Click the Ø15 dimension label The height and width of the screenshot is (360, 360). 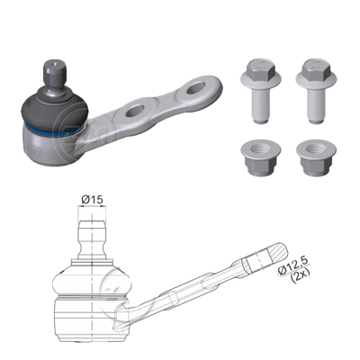tap(92, 199)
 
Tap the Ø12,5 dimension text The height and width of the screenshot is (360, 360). tap(293, 265)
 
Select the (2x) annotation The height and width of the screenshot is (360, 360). tap(300, 275)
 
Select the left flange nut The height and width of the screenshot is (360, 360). tap(261, 157)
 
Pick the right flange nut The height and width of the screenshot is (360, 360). tap(316, 157)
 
